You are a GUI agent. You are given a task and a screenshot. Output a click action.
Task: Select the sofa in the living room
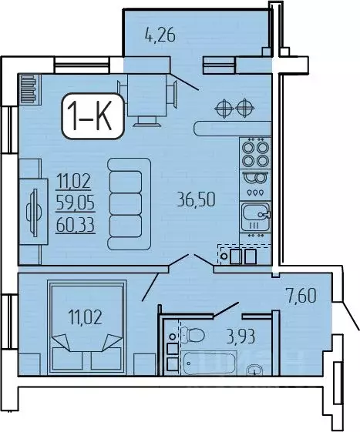[x=126, y=196]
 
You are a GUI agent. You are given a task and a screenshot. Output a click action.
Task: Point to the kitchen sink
[x=254, y=213]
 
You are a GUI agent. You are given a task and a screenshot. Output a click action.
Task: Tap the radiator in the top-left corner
[x=29, y=89]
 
